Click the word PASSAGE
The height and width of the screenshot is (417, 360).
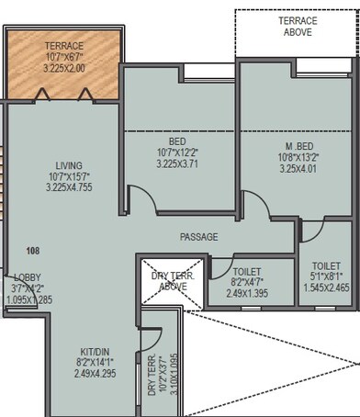(x=199, y=237)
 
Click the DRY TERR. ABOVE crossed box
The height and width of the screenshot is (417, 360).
(x=172, y=279)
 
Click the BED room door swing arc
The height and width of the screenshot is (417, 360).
(x=141, y=197)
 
